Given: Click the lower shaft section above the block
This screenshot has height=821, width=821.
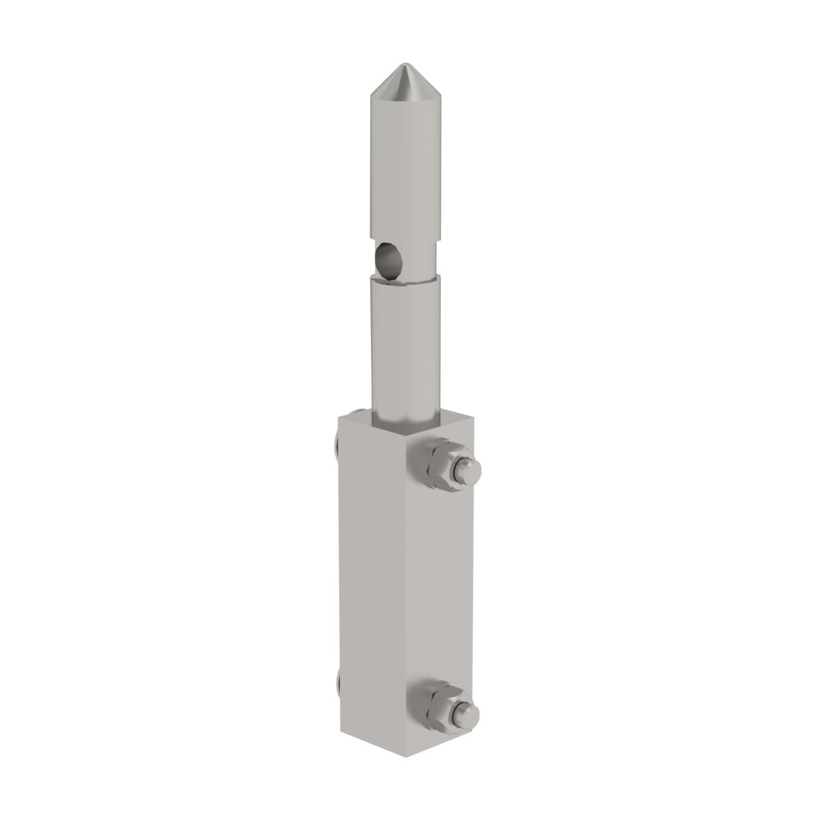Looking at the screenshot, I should (405, 345).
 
